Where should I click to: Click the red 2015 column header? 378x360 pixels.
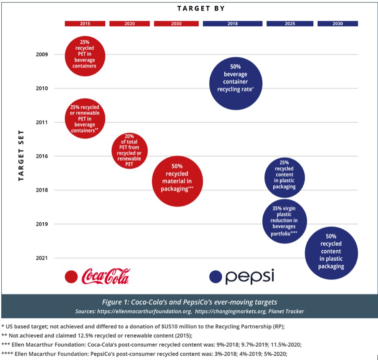point(85,24)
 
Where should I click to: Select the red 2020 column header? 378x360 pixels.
point(130,24)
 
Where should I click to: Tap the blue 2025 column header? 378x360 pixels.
point(290,24)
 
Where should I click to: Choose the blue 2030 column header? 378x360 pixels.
point(337,24)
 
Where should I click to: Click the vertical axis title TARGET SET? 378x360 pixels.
point(21,155)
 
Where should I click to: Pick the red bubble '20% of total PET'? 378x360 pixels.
point(129,150)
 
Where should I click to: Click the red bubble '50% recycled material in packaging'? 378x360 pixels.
point(177,181)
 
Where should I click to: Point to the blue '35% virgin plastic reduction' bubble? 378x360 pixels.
point(284,221)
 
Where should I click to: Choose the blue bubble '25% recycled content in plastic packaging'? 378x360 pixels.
point(284,177)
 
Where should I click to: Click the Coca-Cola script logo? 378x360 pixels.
point(106,276)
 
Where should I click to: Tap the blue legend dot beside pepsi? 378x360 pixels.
point(216,277)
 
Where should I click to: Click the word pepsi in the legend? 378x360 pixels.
point(250,277)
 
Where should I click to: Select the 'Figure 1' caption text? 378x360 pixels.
point(189,302)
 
